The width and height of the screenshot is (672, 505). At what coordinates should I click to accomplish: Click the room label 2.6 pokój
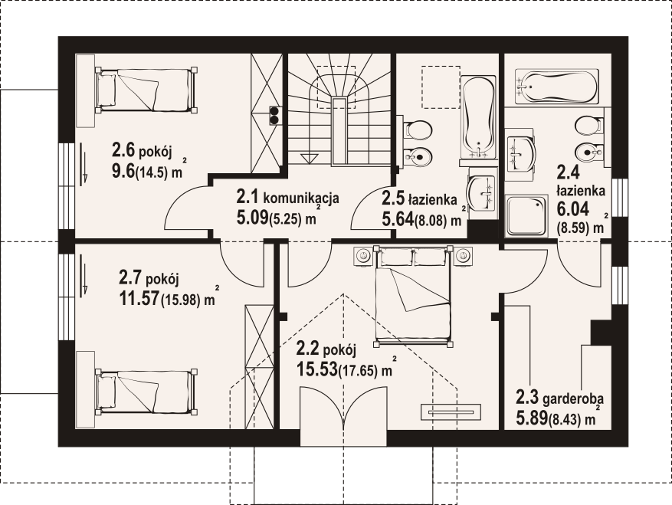142,151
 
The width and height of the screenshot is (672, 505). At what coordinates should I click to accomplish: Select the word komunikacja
301,198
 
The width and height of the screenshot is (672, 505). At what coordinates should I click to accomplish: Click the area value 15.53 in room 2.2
316,369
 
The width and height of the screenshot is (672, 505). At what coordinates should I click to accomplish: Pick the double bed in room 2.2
412,296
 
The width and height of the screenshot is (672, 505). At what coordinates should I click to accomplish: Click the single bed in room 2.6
146,90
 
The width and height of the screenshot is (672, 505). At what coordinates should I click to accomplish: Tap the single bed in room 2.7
146,392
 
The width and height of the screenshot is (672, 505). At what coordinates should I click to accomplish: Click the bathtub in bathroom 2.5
478,117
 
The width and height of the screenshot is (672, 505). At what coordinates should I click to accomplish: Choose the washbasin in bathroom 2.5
482,194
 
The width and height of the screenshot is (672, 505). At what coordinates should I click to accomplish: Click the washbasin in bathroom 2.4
521,152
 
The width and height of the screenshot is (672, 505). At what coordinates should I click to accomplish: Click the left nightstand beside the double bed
363,256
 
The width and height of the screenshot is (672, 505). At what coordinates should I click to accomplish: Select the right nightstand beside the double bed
463,256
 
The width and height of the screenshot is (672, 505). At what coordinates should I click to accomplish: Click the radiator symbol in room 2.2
451,412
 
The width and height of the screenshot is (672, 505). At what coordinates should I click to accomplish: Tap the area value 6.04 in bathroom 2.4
572,208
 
